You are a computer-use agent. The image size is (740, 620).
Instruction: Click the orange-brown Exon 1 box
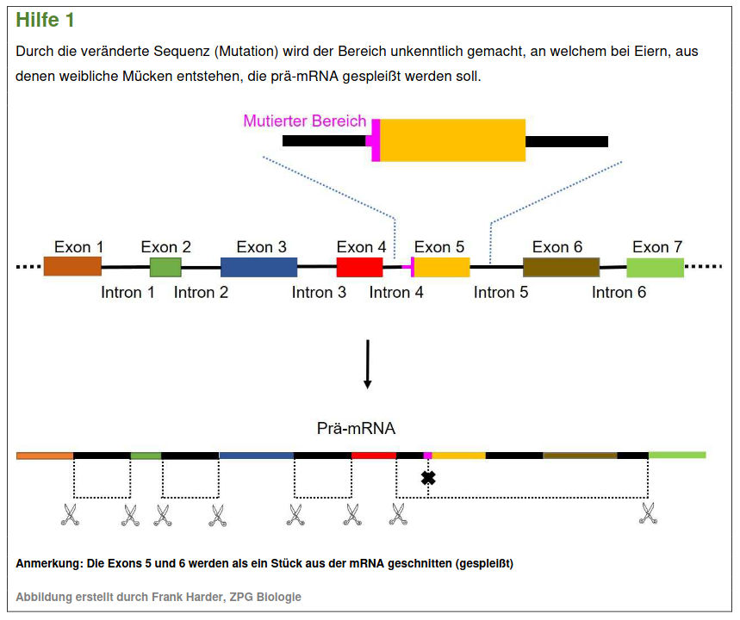pos(73,266)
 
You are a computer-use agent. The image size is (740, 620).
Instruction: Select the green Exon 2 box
pos(165,267)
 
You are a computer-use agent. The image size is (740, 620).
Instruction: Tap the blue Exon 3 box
pos(258,267)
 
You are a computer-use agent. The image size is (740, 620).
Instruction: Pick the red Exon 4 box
pos(359,267)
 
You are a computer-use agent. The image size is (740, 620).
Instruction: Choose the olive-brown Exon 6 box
pos(561,267)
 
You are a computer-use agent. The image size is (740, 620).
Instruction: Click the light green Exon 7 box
pos(655,267)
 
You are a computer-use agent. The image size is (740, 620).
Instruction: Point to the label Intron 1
pos(127,293)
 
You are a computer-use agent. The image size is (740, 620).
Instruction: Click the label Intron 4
pos(396,293)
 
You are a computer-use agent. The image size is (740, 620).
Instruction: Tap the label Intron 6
pos(619,293)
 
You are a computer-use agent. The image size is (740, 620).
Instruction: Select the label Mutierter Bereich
pos(304,121)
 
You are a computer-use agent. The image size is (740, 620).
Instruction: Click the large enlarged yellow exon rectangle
pos(452,140)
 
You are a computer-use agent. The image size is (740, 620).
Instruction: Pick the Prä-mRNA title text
pos(356,428)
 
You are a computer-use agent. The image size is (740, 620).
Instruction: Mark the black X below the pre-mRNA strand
pos(427,478)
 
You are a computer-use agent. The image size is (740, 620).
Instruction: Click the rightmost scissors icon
pos(647,514)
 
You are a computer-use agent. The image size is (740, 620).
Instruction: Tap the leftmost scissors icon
pos(71,515)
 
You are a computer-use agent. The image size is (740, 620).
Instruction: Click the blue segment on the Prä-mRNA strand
pos(256,455)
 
